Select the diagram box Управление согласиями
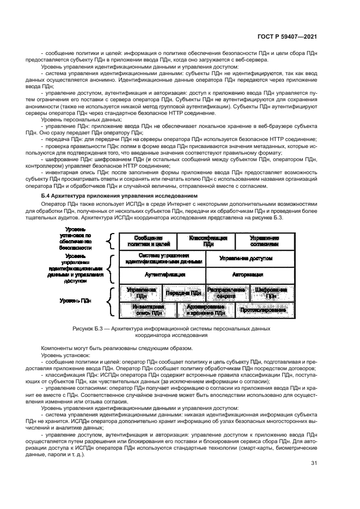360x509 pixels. click(265, 241)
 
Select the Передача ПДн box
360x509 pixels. click(184, 293)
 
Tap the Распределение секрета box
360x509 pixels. click(227, 293)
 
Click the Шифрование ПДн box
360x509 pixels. click(271, 293)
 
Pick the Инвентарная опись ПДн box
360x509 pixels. click(148, 310)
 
